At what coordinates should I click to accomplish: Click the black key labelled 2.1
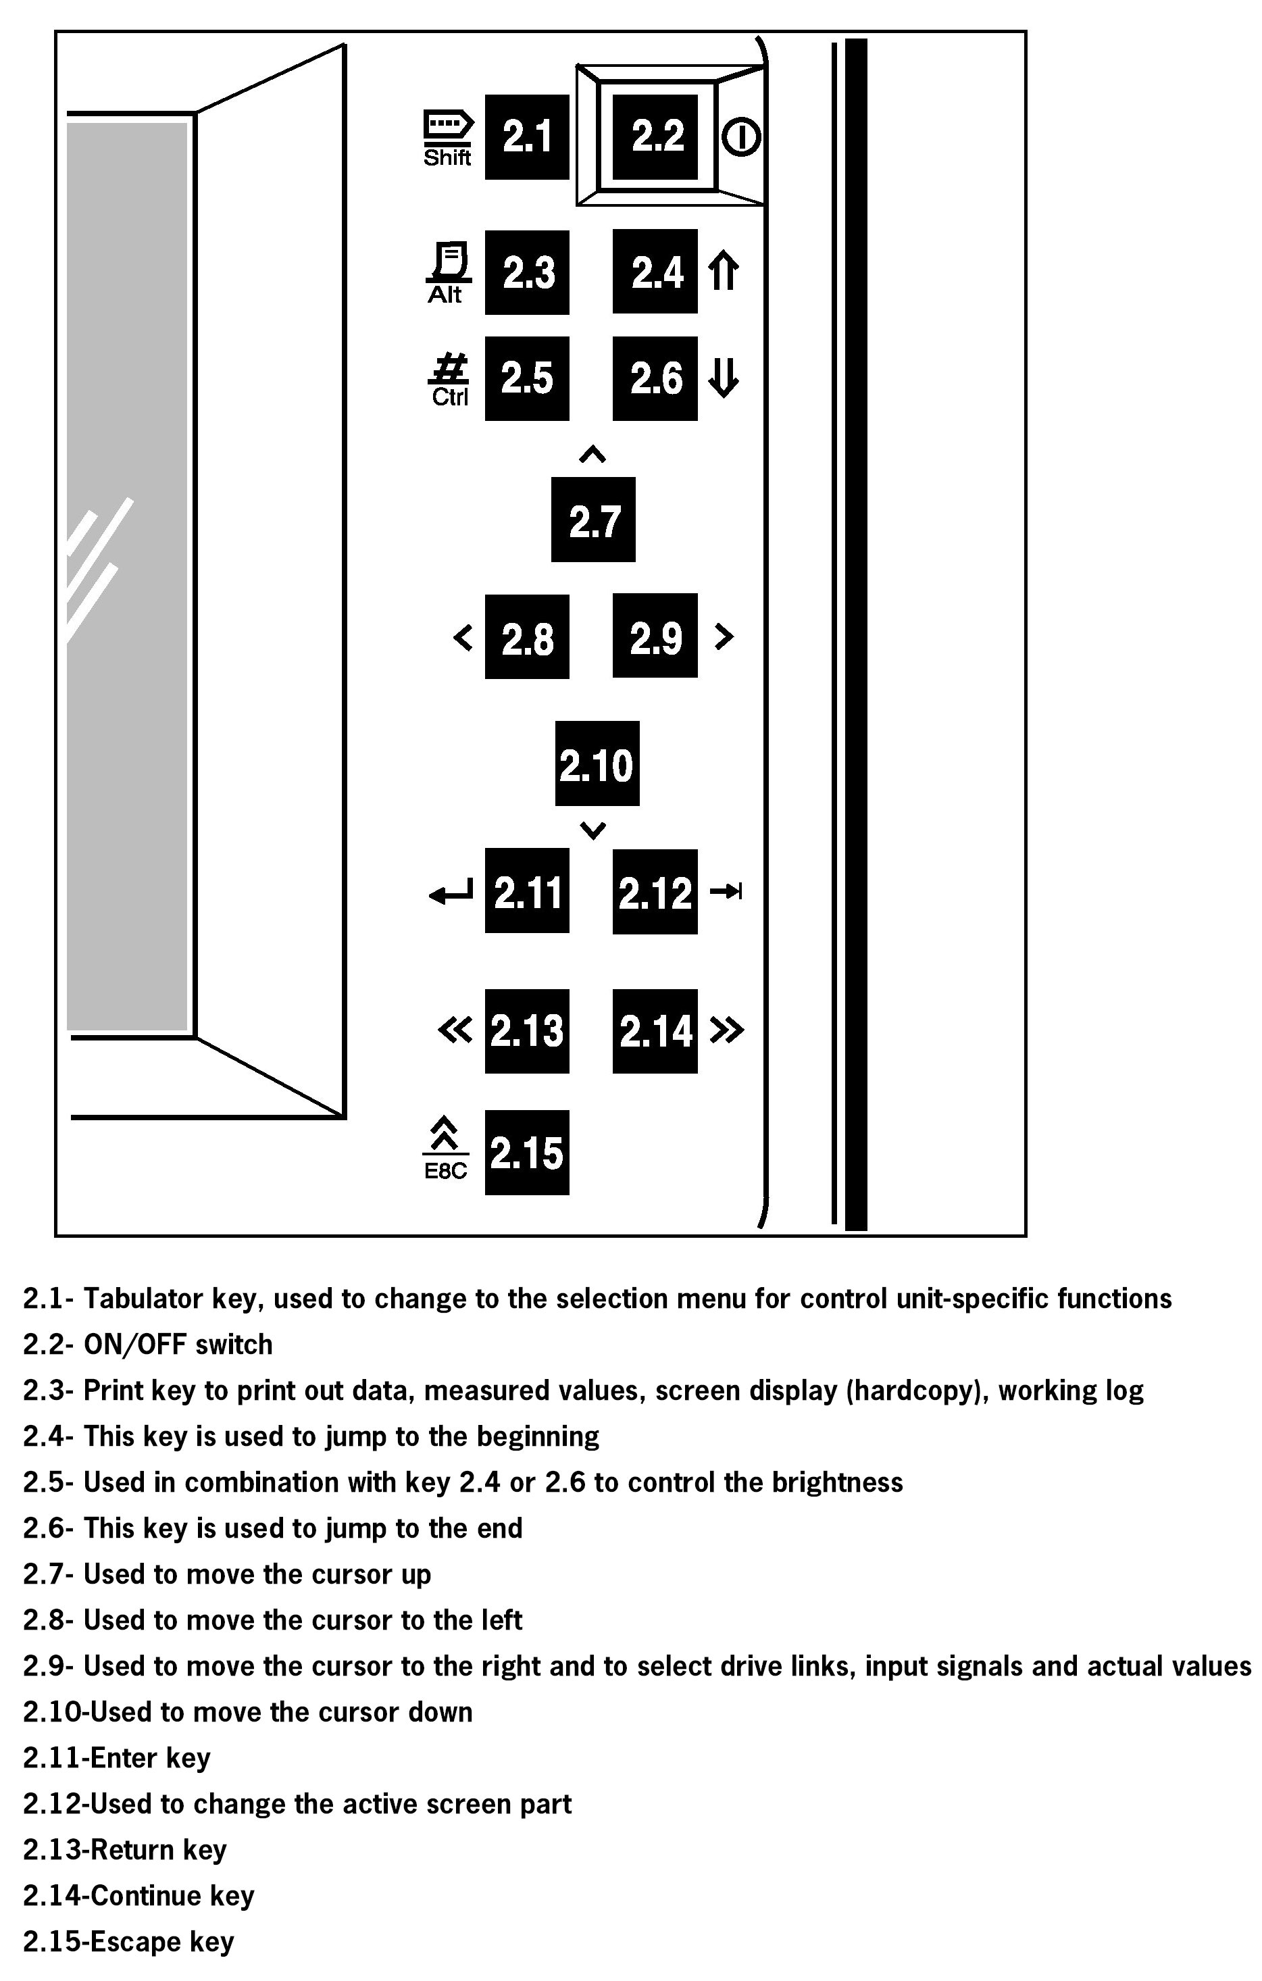(526, 136)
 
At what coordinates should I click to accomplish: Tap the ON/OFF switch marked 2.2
(657, 136)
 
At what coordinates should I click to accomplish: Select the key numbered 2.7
(593, 520)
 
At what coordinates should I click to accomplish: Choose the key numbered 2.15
(526, 1152)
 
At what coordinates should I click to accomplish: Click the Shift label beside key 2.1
(447, 157)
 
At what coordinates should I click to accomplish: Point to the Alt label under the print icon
(445, 295)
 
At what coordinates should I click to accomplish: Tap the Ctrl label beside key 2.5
(450, 397)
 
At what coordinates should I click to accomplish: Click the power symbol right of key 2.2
(741, 137)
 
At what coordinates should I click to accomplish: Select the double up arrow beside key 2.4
(723, 272)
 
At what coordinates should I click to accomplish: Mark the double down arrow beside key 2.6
(723, 378)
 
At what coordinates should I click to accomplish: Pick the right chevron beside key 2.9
(723, 636)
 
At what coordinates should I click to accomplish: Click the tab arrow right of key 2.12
(726, 891)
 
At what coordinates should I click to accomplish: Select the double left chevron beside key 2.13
(455, 1030)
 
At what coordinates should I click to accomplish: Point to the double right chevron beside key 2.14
(726, 1030)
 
